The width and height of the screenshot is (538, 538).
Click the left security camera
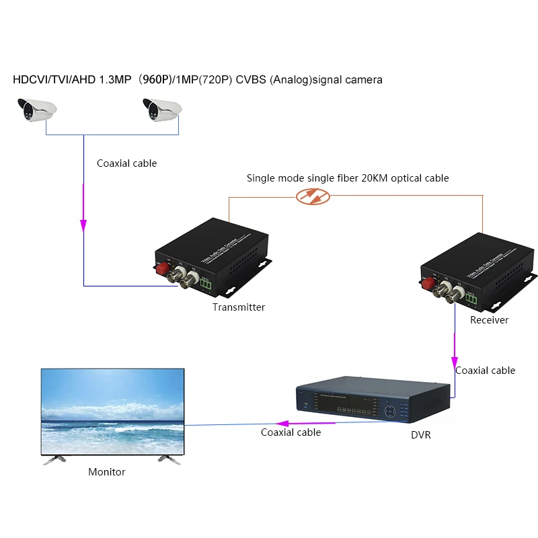(36, 109)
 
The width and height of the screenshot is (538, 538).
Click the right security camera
(162, 109)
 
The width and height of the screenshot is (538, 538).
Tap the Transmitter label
(239, 307)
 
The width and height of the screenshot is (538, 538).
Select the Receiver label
(489, 320)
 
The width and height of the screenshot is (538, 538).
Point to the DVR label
(420, 435)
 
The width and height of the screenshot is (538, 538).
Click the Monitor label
(107, 472)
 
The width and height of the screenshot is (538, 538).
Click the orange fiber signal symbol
(313, 196)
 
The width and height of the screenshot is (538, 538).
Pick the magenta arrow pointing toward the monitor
(283, 424)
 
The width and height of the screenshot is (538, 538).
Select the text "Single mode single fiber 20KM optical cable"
(347, 178)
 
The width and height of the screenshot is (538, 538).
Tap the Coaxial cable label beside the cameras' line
(127, 163)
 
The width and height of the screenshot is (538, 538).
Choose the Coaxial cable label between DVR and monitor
(291, 432)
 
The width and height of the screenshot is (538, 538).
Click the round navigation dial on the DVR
(389, 410)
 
